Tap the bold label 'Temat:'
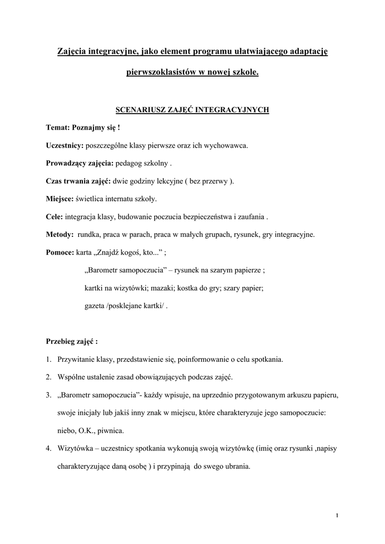click(x=58, y=127)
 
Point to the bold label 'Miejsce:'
click(x=60, y=199)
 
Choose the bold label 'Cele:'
click(x=55, y=217)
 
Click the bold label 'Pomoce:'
click(x=60, y=252)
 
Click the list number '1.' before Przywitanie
click(x=48, y=360)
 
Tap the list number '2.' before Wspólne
click(x=48, y=377)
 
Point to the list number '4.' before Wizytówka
click(x=48, y=448)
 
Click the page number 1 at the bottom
click(x=338, y=515)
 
